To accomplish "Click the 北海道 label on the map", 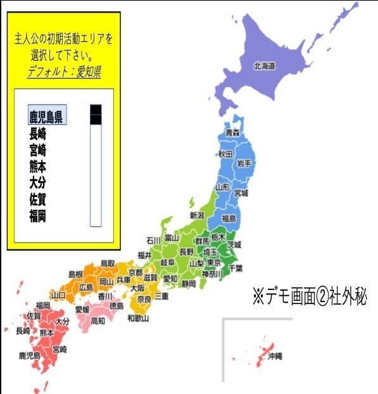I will tap(265, 65).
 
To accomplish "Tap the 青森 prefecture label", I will tap(233, 132).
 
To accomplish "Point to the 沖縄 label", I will tap(275, 356).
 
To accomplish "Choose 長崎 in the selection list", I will tap(37, 134).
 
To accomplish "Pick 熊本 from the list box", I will tap(37, 167).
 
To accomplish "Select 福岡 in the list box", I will tap(37, 216).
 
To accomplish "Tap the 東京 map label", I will tap(213, 263).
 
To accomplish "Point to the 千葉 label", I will tap(235, 268).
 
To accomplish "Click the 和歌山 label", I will tap(138, 317).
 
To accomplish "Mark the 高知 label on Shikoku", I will tap(98, 321).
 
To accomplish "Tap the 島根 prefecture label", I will tap(75, 274).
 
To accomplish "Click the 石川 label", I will tap(153, 240).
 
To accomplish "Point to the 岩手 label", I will tap(244, 163).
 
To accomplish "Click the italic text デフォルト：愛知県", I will tap(64, 72).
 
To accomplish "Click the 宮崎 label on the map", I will tap(60, 349).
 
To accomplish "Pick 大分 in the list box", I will tap(37, 183).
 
